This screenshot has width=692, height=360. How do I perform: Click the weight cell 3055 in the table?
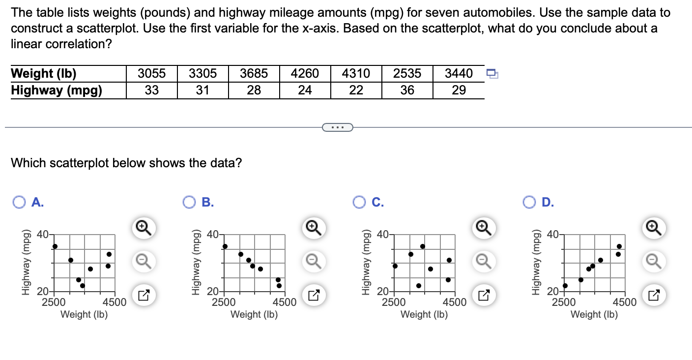coord(151,74)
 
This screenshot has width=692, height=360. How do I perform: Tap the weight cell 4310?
coord(356,74)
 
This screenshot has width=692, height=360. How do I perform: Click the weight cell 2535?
coord(407,74)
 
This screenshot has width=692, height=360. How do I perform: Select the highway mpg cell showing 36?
coord(407,90)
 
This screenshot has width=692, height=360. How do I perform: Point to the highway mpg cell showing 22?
coord(356,90)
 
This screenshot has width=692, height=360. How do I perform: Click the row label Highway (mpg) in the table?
coord(57,90)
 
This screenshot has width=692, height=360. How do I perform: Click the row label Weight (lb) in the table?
coord(44,74)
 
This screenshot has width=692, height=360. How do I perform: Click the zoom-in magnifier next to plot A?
coord(142,227)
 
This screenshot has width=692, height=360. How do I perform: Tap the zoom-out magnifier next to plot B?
coord(313,261)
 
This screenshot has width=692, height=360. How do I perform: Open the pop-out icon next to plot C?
coord(483,296)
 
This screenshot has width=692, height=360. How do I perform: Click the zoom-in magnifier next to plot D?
coord(653,227)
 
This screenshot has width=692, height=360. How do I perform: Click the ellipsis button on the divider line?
coord(337,128)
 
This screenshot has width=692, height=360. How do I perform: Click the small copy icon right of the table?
coord(492,74)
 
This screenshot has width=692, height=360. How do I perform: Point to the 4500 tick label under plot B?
coord(284,302)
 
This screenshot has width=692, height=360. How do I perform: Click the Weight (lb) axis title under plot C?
coord(424,314)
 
